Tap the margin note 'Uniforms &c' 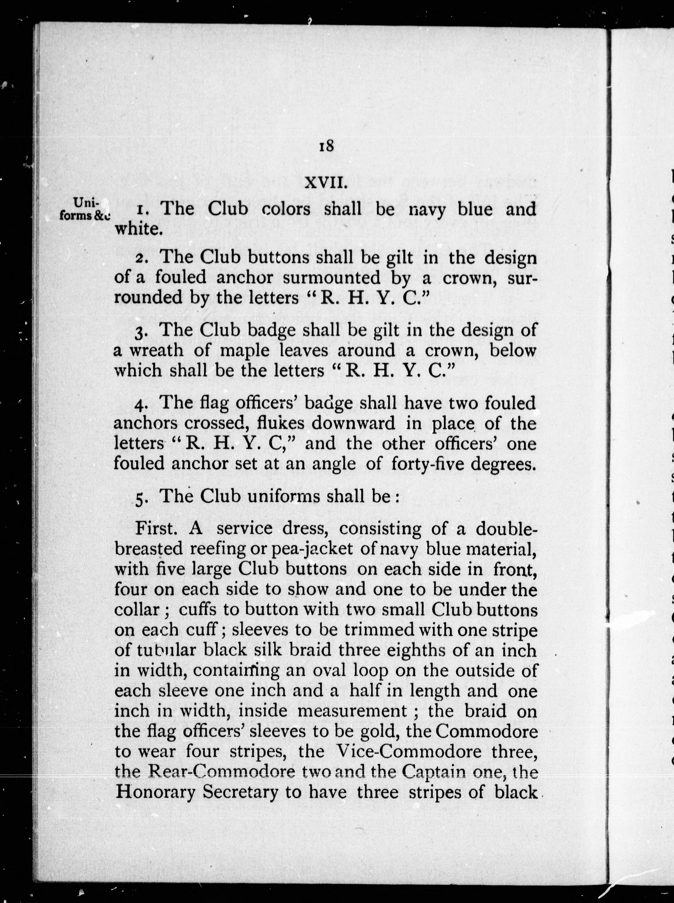(x=85, y=209)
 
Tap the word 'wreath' (x=154, y=350)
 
